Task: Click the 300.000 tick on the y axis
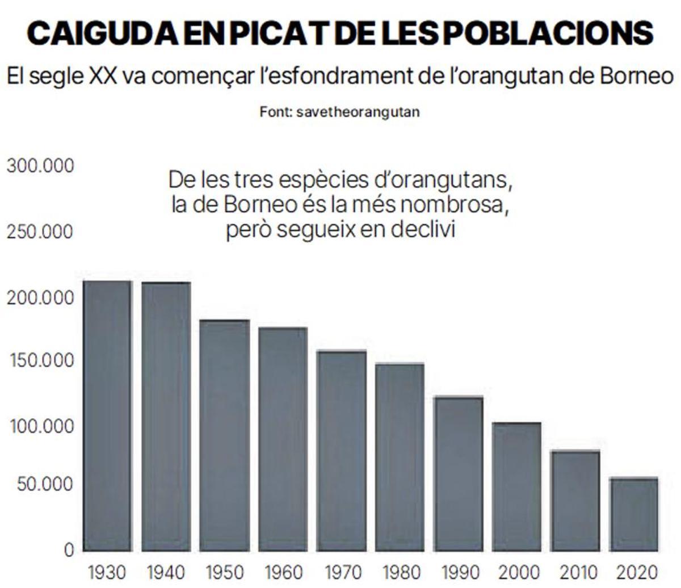click(40, 166)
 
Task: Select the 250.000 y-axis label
click(40, 232)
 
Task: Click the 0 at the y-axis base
click(69, 549)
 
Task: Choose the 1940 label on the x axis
click(166, 572)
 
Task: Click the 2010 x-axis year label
click(575, 572)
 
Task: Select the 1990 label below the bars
click(458, 572)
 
